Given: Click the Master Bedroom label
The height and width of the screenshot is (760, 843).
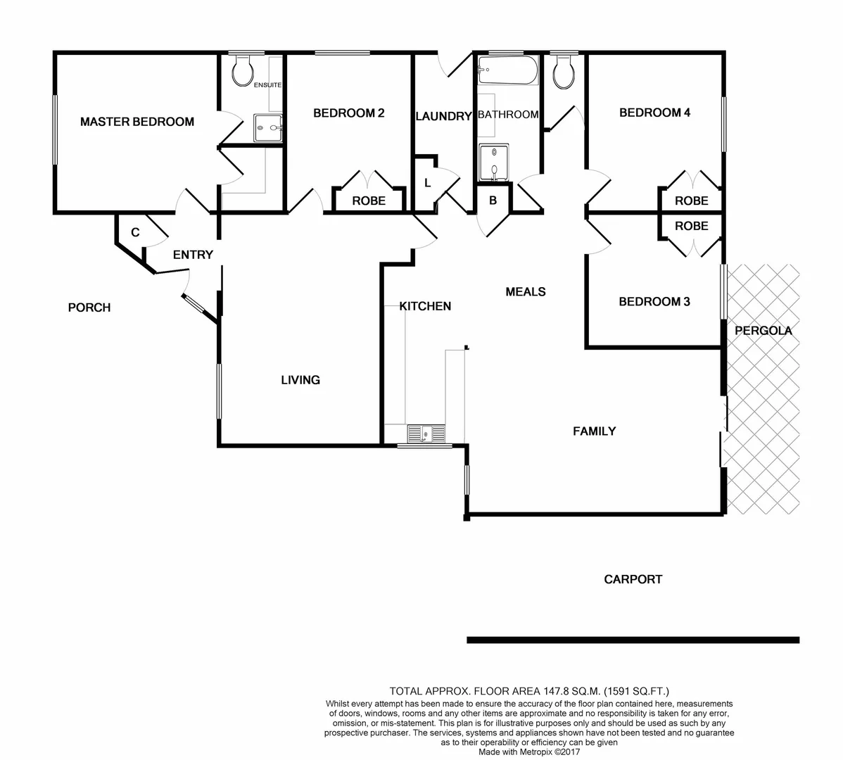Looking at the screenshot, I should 137,122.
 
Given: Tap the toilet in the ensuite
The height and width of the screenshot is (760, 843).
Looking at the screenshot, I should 243,70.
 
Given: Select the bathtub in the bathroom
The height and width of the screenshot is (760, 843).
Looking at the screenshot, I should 507,70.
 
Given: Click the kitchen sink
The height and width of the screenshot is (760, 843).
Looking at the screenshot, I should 426,434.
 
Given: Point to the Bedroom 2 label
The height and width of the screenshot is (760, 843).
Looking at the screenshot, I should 348,113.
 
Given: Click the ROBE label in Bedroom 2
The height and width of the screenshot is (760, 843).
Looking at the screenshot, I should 369,201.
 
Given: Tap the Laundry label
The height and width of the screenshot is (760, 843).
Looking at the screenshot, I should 443,116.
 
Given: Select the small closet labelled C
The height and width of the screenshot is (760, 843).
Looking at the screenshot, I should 135,232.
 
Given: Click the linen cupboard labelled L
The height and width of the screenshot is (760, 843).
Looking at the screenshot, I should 426,184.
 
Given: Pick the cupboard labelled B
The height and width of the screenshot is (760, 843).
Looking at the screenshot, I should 493,201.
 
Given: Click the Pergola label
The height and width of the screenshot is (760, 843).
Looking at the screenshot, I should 763,330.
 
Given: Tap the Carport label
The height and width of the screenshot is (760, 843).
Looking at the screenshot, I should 633,579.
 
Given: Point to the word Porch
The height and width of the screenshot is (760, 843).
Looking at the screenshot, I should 89,308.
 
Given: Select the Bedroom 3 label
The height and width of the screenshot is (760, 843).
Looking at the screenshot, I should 654,302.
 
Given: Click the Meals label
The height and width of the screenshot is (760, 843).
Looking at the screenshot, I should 526,291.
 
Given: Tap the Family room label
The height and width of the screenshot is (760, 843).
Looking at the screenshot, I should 594,431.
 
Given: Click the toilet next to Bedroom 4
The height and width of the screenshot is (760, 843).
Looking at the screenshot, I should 564,72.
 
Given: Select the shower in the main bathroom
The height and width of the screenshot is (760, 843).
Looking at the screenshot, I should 497,163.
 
